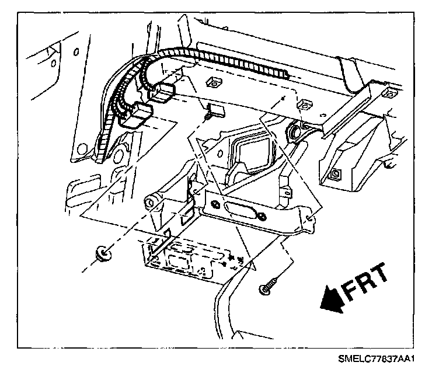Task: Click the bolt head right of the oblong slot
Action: (x=263, y=218)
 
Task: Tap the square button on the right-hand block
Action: (x=337, y=174)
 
